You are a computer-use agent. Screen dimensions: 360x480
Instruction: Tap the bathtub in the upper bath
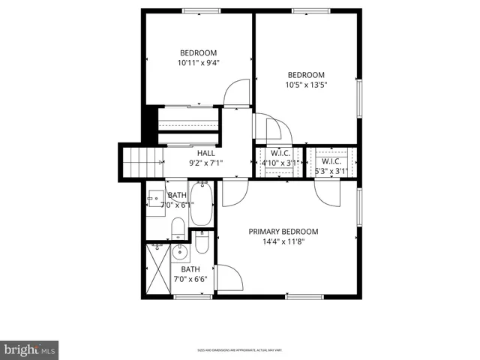pyautogui.click(x=201, y=205)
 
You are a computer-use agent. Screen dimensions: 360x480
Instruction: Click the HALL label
pyautogui.click(x=206, y=153)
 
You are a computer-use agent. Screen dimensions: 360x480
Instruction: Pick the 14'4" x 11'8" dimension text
pyautogui.click(x=283, y=242)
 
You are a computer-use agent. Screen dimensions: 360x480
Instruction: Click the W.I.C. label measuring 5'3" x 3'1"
pyautogui.click(x=331, y=162)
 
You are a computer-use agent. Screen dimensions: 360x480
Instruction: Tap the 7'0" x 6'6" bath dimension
pyautogui.click(x=190, y=280)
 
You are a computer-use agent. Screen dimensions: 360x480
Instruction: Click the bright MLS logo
pyautogui.click(x=30, y=349)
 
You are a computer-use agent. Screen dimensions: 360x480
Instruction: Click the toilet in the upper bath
pyautogui.click(x=178, y=229)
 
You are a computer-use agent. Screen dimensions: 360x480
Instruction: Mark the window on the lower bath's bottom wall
pyautogui.click(x=190, y=297)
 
